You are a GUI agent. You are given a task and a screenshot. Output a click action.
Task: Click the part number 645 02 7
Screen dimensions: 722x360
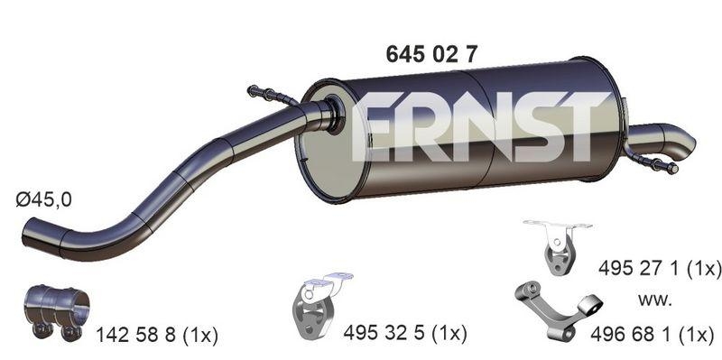coord(432,55)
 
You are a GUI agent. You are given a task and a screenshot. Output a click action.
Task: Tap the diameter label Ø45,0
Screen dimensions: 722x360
coord(44,199)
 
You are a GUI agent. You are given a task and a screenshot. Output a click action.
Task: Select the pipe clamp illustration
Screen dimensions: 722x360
coord(56,311)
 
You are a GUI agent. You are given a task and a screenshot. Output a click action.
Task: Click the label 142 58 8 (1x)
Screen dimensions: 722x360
coord(156,336)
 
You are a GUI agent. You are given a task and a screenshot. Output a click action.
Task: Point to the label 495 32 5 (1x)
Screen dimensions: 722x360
coord(405,333)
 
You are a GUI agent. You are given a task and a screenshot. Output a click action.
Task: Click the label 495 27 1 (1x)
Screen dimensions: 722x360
coord(660,267)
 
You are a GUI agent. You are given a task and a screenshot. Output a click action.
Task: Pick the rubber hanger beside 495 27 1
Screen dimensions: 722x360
coord(556,246)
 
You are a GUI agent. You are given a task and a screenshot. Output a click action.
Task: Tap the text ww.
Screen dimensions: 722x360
coord(655,300)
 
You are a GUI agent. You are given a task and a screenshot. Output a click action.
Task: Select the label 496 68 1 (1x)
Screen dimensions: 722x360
coord(652,334)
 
